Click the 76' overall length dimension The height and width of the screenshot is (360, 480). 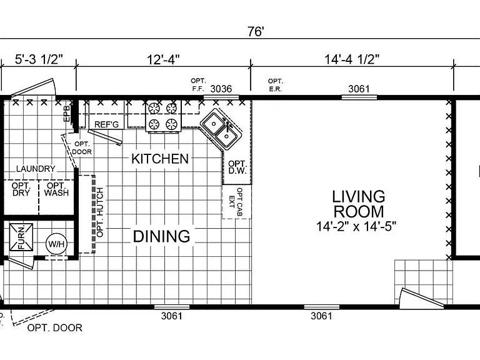tap(256, 31)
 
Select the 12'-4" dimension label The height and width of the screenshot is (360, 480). tap(163, 59)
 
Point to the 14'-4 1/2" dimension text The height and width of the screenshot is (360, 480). tap(352, 59)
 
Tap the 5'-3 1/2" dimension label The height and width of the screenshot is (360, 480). tap(39, 59)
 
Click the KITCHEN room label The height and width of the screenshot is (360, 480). tap(160, 159)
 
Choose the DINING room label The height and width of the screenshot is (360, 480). tap(162, 236)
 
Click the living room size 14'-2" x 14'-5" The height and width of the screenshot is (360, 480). tap(356, 226)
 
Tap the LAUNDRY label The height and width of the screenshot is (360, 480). tap(36, 169)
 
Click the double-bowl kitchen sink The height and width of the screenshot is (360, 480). tap(221, 129)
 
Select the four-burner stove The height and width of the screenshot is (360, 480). tap(163, 116)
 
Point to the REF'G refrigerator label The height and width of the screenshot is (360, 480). tap(106, 124)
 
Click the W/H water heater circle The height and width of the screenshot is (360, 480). tap(56, 244)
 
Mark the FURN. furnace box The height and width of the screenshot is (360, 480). tap(21, 237)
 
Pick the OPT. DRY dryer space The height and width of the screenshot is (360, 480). tap(21, 189)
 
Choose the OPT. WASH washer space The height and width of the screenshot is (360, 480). tap(56, 189)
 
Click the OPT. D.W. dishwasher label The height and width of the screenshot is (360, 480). tap(237, 167)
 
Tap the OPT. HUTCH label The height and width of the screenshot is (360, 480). tap(100, 212)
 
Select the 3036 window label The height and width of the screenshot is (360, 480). tap(221, 89)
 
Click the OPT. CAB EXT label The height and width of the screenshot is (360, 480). tap(236, 202)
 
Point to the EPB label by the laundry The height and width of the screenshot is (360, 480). tap(67, 113)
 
